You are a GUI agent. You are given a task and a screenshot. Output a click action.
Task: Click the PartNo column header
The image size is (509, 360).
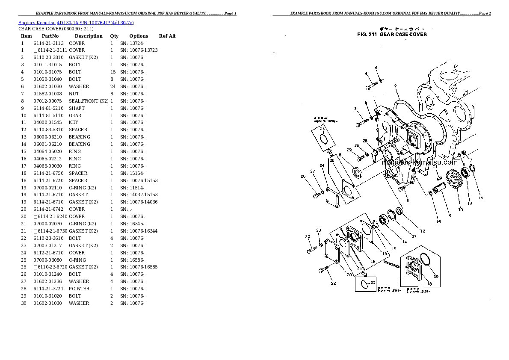pos(50,36)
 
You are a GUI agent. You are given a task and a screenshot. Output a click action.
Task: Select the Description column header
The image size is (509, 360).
pos(89,36)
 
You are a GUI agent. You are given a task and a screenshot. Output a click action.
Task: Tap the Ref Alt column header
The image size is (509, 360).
pos(167,36)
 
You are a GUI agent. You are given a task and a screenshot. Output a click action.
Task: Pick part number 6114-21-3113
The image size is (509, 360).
pos(48,43)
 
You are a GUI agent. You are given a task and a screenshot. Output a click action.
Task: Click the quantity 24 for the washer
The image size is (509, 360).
pos(113,86)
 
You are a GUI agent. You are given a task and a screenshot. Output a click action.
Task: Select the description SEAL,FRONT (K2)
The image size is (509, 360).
pos(89,101)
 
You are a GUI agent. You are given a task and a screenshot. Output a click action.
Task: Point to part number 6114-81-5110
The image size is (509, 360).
pos(48,115)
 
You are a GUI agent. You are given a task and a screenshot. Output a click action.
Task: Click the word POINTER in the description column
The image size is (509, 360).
pos(79,289)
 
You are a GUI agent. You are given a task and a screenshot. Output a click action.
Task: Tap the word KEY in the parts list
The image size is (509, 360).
pos(73,123)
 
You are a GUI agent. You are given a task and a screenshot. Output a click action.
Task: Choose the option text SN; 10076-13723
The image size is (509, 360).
pos(139,50)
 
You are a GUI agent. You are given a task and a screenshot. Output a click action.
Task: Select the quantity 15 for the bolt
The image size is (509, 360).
pos(113,72)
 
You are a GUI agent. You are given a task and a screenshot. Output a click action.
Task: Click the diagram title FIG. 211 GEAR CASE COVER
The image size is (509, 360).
pos(392,34)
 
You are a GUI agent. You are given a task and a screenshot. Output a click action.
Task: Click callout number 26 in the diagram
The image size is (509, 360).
pos(303,176)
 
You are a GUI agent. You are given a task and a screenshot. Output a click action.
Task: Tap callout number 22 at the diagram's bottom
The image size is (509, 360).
pos(333,283)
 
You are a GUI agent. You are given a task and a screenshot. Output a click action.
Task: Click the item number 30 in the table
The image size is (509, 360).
pos(24,303)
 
